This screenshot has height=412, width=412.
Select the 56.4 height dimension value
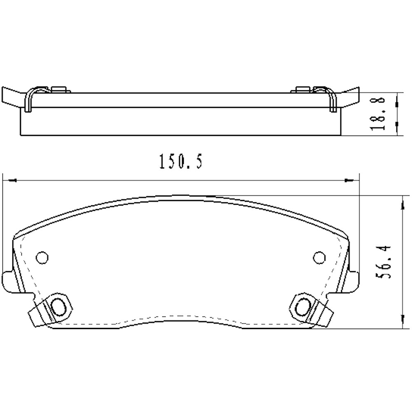pos(384,262)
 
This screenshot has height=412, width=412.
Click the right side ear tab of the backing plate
pos(353,280)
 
